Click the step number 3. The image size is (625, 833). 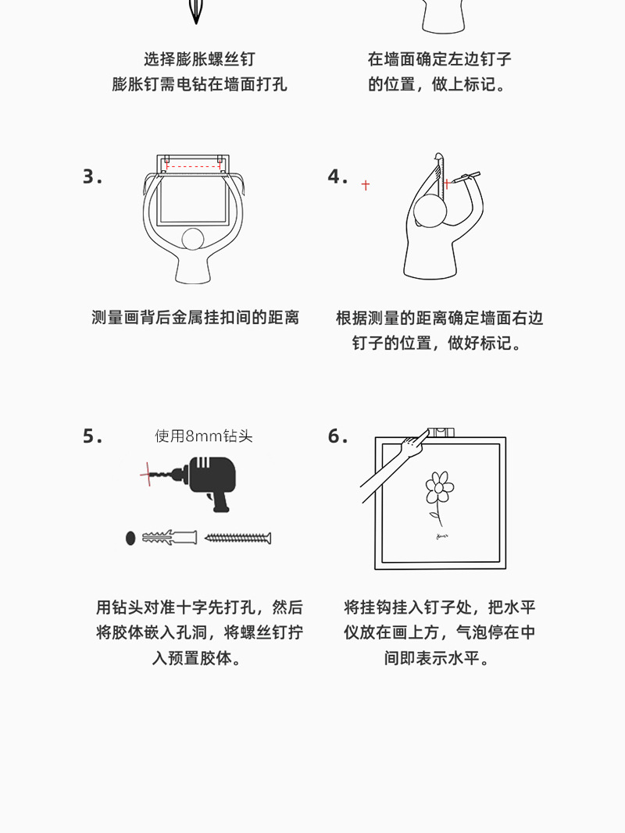coord(92,177)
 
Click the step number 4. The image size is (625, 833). coord(337,177)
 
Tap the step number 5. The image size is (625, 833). coord(92,436)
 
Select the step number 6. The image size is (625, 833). coord(337,436)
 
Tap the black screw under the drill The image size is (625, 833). coord(237,538)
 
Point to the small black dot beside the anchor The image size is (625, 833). coord(130,538)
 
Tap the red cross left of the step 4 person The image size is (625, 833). coord(365,185)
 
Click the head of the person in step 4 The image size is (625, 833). coord(430,212)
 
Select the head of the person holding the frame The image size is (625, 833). coord(193,240)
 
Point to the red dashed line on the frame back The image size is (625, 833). coord(193,167)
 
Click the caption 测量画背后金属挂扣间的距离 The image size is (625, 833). coord(195,318)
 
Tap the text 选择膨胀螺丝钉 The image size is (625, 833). coord(199,59)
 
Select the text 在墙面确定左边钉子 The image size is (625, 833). coord(440,59)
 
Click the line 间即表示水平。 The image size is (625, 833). coord(440,658)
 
